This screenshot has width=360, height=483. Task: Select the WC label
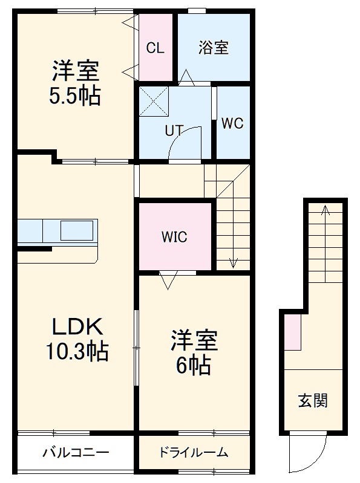point(232,123)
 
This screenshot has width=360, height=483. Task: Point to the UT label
point(174,130)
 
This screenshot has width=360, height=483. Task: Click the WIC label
point(174,237)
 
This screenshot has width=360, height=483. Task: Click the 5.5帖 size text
point(75,96)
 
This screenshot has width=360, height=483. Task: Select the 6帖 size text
point(194,364)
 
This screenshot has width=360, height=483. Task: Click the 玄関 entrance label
point(313,401)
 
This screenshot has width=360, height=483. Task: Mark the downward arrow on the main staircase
point(233,262)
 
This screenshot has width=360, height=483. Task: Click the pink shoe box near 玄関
point(293,332)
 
